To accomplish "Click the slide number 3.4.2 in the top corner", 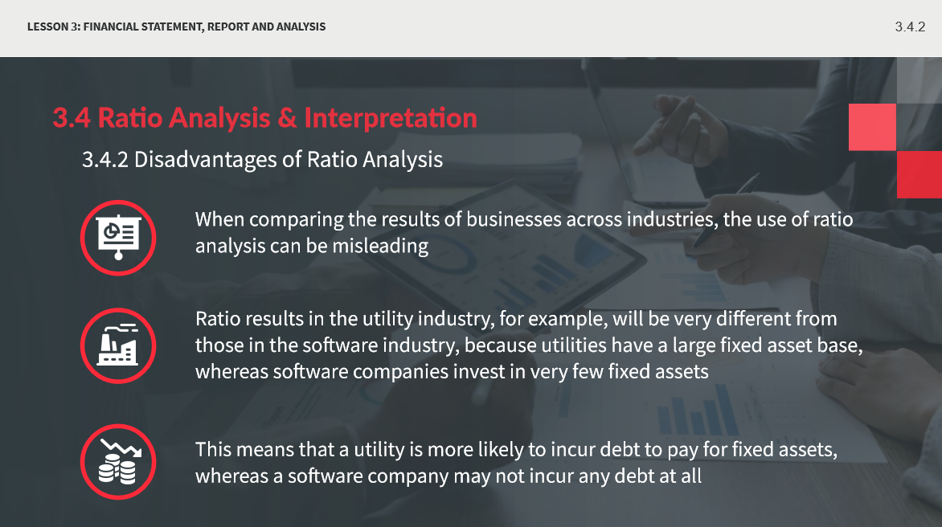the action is click(x=910, y=27).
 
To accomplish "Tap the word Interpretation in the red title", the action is click(x=391, y=117).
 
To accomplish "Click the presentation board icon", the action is click(x=118, y=238).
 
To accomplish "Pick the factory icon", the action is click(x=118, y=345).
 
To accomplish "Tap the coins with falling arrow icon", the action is click(x=118, y=462).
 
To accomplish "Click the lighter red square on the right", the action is click(x=872, y=127).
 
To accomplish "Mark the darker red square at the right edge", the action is click(x=919, y=174).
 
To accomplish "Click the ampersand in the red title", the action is click(x=287, y=117).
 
